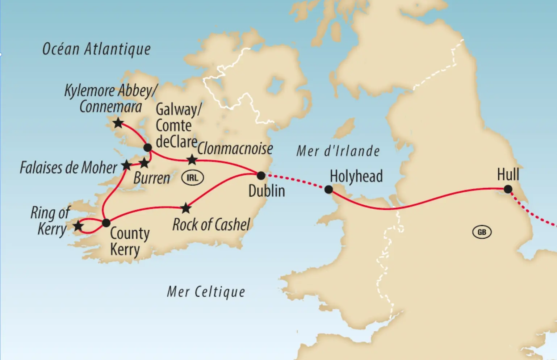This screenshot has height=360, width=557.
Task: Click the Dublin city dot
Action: pyautogui.click(x=261, y=176)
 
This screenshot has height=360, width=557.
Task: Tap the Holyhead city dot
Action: pyautogui.click(x=328, y=189)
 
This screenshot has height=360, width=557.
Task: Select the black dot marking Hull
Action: pyautogui.click(x=508, y=189)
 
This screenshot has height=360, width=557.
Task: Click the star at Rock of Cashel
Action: pyautogui.click(x=186, y=208)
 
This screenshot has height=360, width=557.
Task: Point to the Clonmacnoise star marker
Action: pyautogui.click(x=192, y=159)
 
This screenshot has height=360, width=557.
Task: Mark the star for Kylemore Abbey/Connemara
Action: pyautogui.click(x=118, y=123)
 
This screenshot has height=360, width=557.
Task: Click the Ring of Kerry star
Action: pyautogui.click(x=78, y=227)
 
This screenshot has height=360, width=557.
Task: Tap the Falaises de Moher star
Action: pyautogui.click(x=126, y=166)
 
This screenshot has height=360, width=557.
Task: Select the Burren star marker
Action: pyautogui.click(x=144, y=163)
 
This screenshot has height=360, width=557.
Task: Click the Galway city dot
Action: pyautogui.click(x=147, y=148)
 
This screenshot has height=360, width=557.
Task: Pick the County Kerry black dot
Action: pyautogui.click(x=106, y=223)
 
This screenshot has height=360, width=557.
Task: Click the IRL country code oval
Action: pyautogui.click(x=192, y=178)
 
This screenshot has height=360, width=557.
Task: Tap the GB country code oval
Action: pyautogui.click(x=482, y=232)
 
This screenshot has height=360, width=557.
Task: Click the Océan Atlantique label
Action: pyautogui.click(x=96, y=49)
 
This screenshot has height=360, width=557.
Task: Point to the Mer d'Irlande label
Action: pyautogui.click(x=338, y=151)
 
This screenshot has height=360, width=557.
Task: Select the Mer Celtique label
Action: pyautogui.click(x=206, y=292)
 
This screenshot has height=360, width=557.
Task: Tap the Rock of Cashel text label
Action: pyautogui.click(x=211, y=225)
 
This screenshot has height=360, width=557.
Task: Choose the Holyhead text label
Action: pyautogui.click(x=356, y=176)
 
